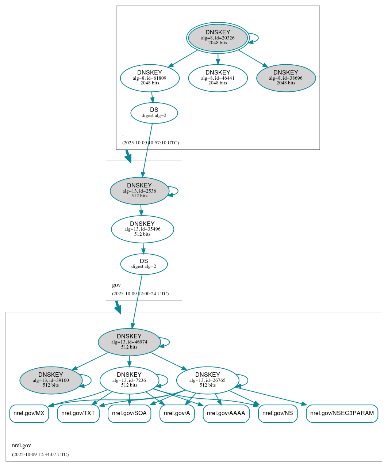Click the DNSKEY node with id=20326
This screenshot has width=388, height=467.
[218, 38]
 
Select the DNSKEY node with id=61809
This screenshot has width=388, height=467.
[150, 78]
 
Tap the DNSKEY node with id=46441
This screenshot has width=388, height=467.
[218, 78]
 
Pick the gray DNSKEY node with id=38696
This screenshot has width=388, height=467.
[286, 78]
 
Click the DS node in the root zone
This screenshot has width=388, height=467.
[154, 113]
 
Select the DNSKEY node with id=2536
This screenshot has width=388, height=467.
[139, 191]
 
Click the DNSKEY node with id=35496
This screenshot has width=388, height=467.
[142, 229]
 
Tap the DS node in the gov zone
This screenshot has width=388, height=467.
[144, 264]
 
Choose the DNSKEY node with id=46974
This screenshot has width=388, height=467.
[129, 342]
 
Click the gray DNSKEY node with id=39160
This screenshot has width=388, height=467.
[51, 380]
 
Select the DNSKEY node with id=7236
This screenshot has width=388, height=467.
[129, 380]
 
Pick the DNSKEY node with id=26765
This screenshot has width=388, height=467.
[207, 380]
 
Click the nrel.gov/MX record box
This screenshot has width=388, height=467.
[29, 413]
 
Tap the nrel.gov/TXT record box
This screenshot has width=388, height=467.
[78, 413]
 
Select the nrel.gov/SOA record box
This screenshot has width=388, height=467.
[129, 413]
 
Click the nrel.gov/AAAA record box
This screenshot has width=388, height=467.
[226, 413]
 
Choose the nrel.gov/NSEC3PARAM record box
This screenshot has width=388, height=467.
[342, 413]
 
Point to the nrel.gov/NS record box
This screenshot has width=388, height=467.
[278, 413]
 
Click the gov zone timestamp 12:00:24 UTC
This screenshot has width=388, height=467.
[140, 294]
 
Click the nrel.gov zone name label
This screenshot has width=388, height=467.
[22, 445]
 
